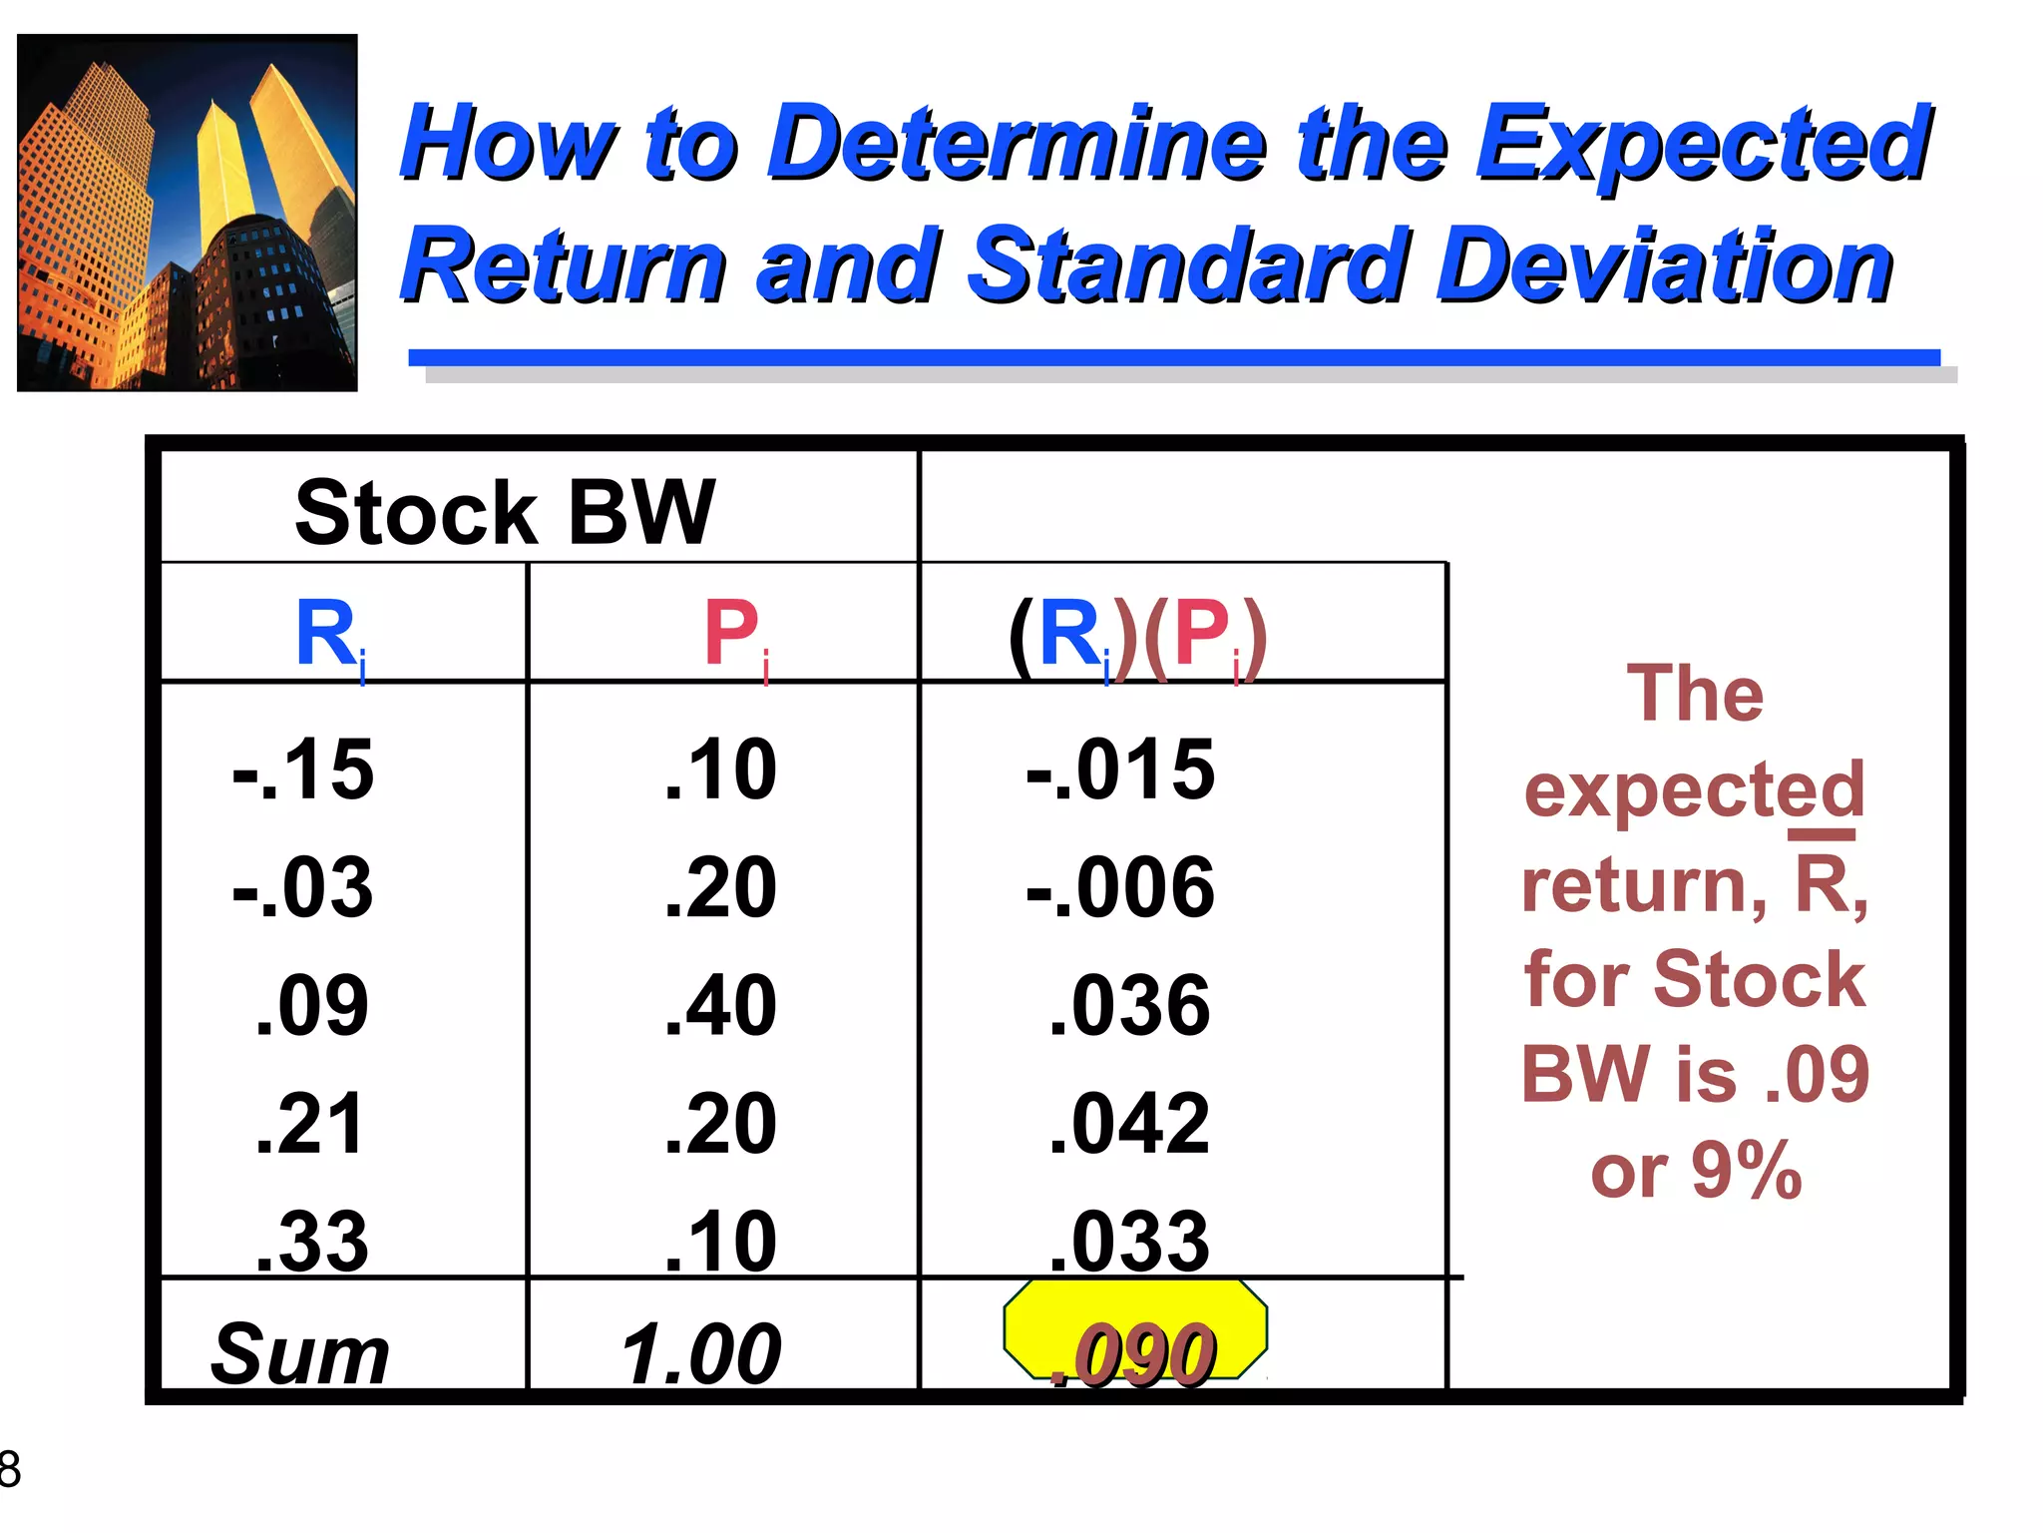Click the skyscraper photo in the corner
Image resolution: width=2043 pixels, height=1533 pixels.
tap(188, 213)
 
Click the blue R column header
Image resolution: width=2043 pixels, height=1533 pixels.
tap(330, 635)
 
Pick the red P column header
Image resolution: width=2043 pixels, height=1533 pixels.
tap(735, 635)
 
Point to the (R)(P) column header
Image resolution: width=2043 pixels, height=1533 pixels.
tap(1137, 637)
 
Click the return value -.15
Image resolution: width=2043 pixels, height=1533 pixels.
tap(303, 769)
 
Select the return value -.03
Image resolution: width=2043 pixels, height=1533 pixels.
tap(303, 887)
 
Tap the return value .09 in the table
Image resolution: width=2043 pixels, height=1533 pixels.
tap(312, 1005)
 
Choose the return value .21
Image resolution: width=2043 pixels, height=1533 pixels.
tap(310, 1124)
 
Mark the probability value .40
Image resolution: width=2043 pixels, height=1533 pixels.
tap(721, 1005)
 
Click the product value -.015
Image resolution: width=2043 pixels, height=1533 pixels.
tap(1121, 769)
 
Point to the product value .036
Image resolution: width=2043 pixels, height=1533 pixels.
tap(1130, 1005)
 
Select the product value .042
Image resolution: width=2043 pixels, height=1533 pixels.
tap(1130, 1124)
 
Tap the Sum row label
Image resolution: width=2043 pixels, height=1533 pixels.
tap(300, 1353)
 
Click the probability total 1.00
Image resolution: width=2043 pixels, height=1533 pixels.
tap(701, 1353)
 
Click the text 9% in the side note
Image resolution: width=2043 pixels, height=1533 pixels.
tap(1747, 1170)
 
